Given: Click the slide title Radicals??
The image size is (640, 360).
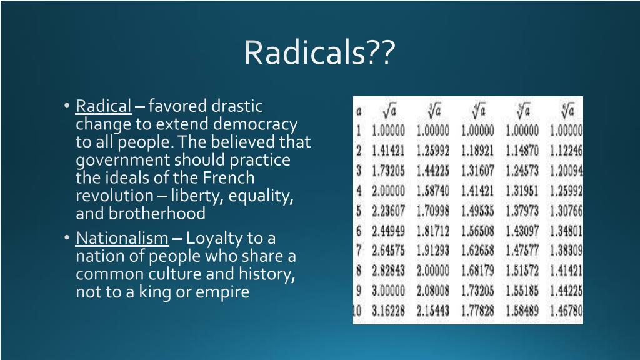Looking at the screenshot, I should tap(319, 53).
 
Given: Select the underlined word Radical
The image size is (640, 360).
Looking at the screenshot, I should tap(104, 106).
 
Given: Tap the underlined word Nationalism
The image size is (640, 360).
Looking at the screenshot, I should tap(122, 238).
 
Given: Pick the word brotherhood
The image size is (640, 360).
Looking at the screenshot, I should tap(159, 214).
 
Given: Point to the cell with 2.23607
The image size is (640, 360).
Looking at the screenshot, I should tap(388, 211).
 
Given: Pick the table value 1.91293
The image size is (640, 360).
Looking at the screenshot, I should tap(432, 251).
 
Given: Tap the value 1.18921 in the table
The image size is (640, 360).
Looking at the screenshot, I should tap(477, 151).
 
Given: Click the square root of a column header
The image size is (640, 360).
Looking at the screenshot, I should tap(389, 111).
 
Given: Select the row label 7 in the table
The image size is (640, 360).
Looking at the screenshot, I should tap(359, 251).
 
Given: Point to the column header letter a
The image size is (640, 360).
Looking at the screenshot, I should tap(359, 112).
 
